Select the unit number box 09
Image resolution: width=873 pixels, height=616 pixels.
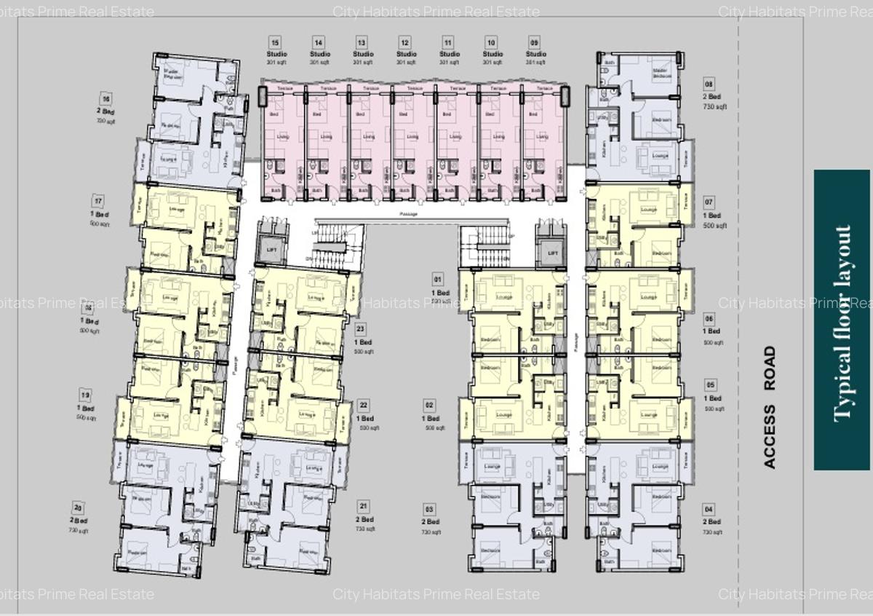click(535, 42)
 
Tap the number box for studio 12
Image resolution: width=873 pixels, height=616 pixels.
click(406, 42)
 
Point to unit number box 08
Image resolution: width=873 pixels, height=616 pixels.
click(709, 84)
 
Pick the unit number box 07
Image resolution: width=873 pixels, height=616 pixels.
click(709, 202)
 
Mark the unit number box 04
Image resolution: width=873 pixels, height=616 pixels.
click(709, 509)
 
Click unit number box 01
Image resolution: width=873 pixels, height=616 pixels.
click(437, 279)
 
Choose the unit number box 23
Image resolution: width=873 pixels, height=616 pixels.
click(362, 329)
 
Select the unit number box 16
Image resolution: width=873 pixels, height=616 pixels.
click(106, 98)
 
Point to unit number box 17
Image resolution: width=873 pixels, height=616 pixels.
click(98, 201)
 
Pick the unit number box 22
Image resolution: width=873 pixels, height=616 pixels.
click(363, 406)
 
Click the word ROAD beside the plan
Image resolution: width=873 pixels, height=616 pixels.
click(770, 368)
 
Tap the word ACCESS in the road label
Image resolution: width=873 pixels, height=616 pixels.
click(770, 436)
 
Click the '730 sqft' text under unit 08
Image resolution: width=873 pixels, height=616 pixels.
click(716, 107)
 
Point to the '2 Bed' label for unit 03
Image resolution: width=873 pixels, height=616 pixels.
click(431, 521)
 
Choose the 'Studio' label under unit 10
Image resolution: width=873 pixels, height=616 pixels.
click(493, 54)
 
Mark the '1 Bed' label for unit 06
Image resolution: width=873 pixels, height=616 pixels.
click(712, 331)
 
